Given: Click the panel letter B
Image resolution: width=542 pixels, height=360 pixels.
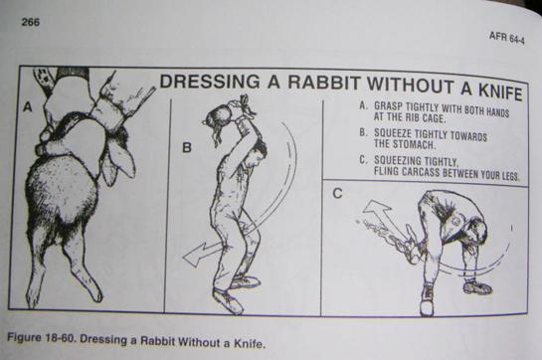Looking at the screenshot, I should [186, 148].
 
